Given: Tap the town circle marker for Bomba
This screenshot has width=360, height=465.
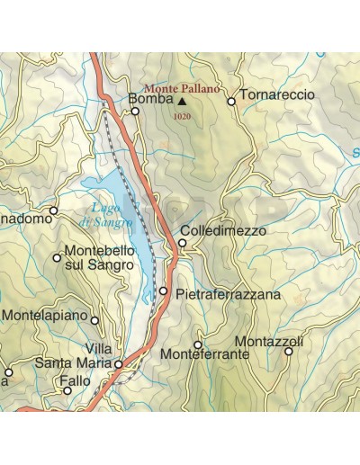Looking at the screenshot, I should click(x=135, y=112).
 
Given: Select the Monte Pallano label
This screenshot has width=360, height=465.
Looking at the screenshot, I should click(x=175, y=89).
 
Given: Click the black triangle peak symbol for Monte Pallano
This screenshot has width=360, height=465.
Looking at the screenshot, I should click(x=181, y=102).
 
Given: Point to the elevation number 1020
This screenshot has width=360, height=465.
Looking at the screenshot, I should click(x=180, y=116).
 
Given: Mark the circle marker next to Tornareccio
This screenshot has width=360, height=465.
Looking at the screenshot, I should click(x=231, y=102).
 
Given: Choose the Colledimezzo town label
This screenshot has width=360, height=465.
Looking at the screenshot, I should click(x=222, y=231).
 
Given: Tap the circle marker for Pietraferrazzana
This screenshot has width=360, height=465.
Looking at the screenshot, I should click(x=164, y=291).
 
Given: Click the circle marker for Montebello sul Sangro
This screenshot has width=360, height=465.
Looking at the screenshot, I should click(x=57, y=258).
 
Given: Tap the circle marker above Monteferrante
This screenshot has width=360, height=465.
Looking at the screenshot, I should click(x=198, y=344).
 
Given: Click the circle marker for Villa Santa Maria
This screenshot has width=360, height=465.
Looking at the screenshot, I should click(x=118, y=364).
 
